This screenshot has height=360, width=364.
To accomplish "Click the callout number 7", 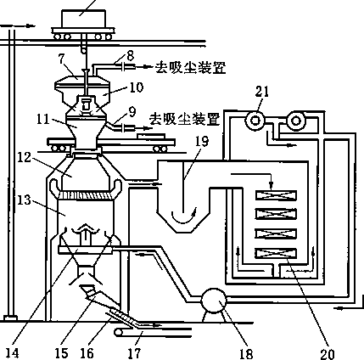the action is tap(62, 59).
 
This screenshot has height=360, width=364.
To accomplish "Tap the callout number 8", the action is tap(130, 55).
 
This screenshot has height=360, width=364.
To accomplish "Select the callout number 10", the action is tap(136, 87).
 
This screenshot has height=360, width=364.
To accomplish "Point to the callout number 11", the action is tap(43, 119).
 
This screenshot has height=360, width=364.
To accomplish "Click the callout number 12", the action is tap(24, 157).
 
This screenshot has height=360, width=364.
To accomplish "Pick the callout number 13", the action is tap(24, 200).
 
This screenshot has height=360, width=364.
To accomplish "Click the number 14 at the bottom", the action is tap(12, 353).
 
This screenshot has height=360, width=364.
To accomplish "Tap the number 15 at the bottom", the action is tap(61, 353).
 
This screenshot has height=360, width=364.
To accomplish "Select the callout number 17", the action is tap(134, 353).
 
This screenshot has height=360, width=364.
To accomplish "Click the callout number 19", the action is tap(201, 141).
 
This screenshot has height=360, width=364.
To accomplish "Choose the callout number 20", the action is tap(328, 354).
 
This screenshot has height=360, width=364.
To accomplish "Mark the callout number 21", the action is tap(262, 92).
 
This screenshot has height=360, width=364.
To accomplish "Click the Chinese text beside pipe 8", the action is tap(190, 68).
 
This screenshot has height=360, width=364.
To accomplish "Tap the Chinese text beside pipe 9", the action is tap(184, 119).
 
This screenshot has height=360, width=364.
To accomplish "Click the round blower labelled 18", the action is tap(214, 301).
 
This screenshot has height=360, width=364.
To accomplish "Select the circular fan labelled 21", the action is tap(255, 121).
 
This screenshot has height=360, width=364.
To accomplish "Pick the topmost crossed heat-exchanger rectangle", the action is tap(276, 195).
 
